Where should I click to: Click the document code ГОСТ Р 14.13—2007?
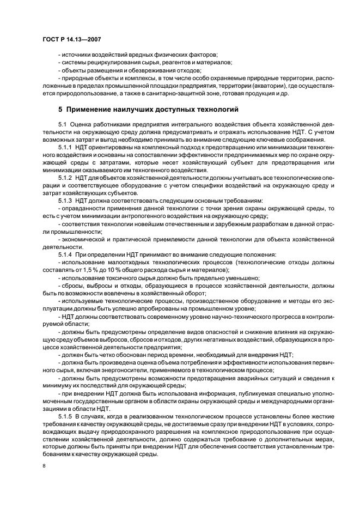click(71, 39)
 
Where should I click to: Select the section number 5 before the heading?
click(60, 109)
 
